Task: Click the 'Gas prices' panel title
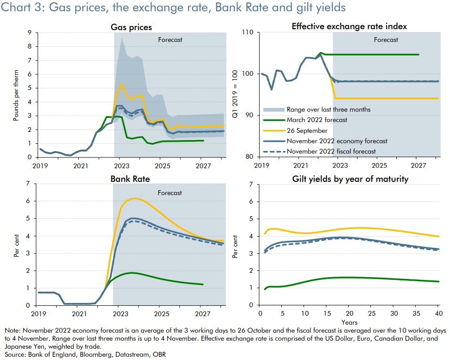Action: [x=134, y=27]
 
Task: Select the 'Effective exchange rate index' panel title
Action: [x=349, y=27]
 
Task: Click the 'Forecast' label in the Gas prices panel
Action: [x=170, y=40]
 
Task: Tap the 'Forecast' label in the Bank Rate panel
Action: [x=170, y=193]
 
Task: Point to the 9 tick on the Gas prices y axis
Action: [x=29, y=33]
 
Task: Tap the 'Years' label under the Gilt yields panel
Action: [x=349, y=322]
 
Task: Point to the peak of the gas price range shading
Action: [x=122, y=38]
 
